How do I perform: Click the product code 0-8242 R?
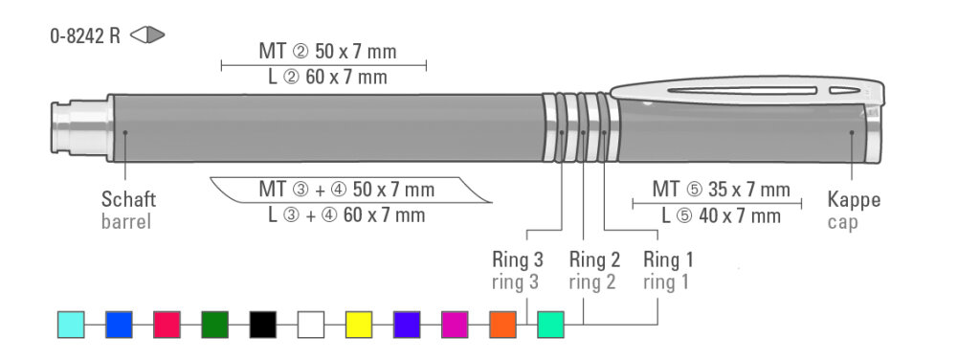pos(85,35)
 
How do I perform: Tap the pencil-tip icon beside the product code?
pos(147,35)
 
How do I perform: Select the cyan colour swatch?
pos(71,325)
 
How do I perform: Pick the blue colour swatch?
pos(119,325)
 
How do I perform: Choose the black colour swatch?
pos(263,325)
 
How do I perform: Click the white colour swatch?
pos(311,325)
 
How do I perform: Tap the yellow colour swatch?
pos(359,325)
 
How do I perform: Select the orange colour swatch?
pos(503,325)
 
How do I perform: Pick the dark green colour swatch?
pos(215,325)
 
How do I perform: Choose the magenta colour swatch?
pos(455,325)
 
